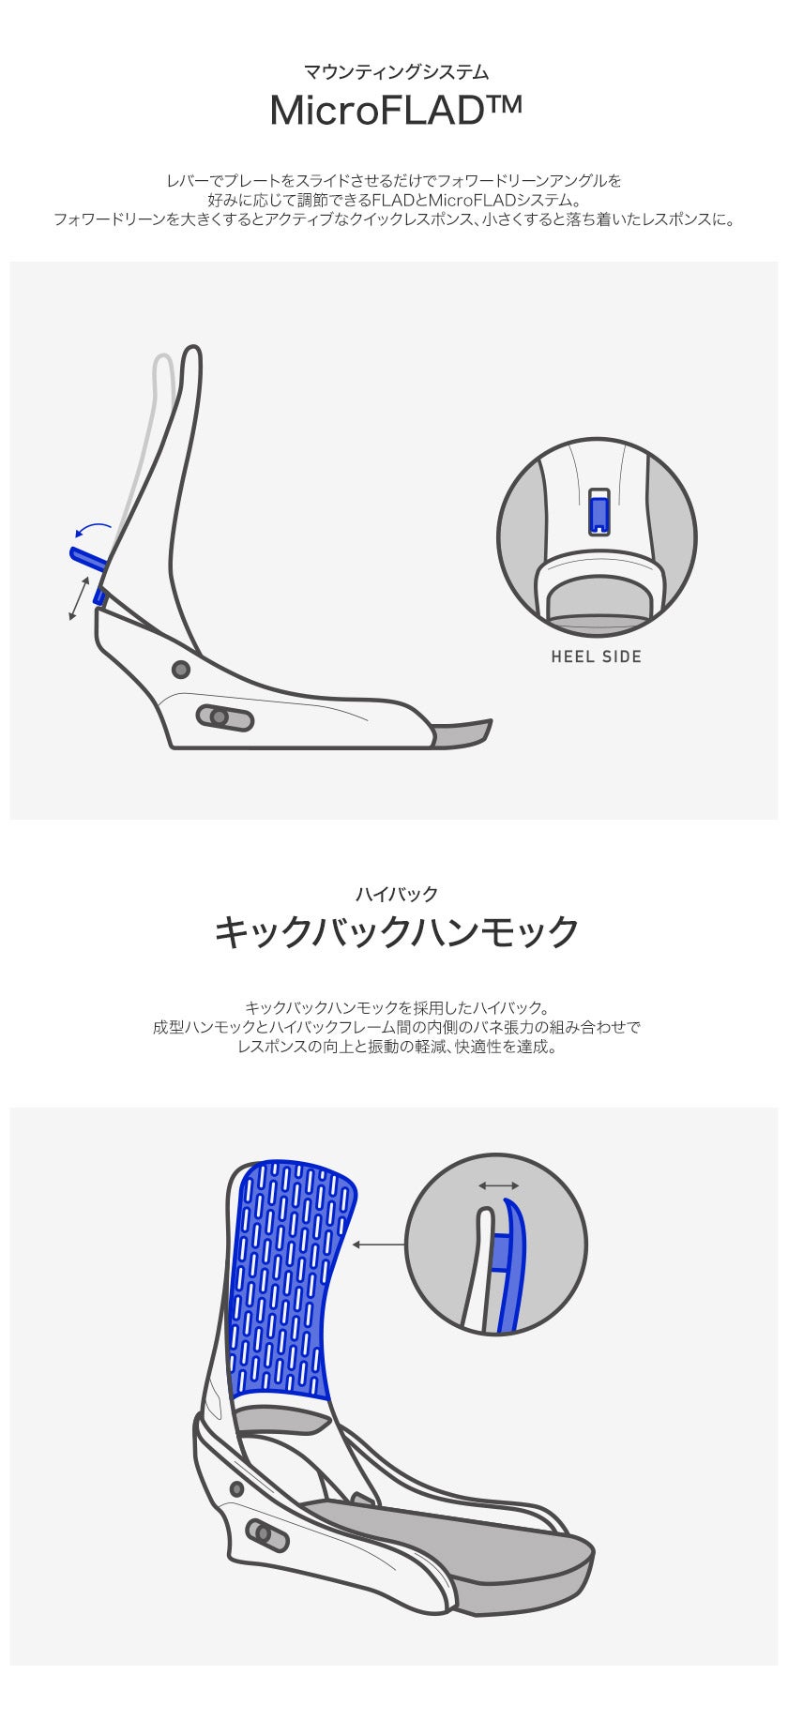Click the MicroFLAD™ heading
[x=395, y=110]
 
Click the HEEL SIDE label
[x=597, y=656]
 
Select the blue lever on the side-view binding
[x=87, y=558]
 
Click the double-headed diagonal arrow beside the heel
[x=80, y=598]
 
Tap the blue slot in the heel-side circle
[x=597, y=513]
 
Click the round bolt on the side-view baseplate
[x=181, y=670]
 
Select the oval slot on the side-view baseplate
[x=225, y=718]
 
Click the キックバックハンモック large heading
[x=395, y=932]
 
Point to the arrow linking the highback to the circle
[x=379, y=1245]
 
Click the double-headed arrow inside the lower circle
[x=498, y=1185]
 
